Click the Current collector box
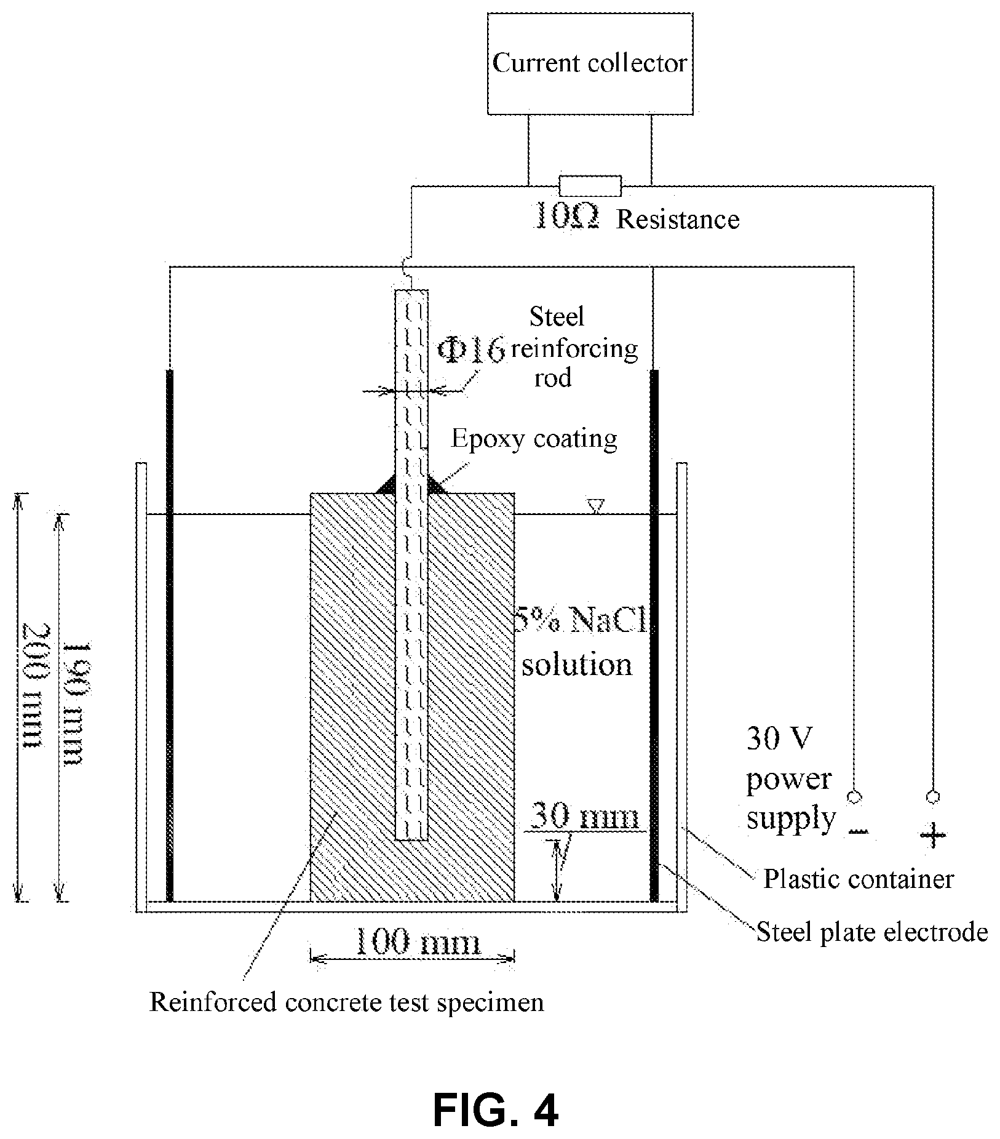pos(590,63)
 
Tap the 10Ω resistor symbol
pos(590,185)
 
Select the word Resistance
pos(678,220)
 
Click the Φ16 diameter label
pos(470,349)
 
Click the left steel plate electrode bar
pos(170,635)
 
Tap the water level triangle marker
pos(595,506)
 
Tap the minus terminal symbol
pos(858,833)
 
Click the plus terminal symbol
pos(932,835)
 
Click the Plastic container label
pos(859,879)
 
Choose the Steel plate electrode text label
pos(872,932)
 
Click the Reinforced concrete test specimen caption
pos(347,1002)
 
